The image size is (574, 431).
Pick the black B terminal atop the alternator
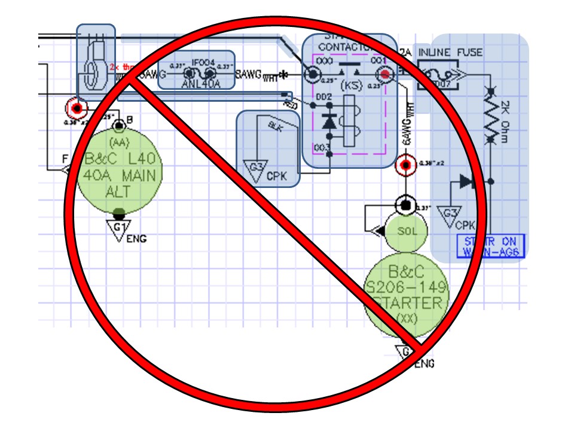tap(120, 126)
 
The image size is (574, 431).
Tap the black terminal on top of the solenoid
tap(405, 205)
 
